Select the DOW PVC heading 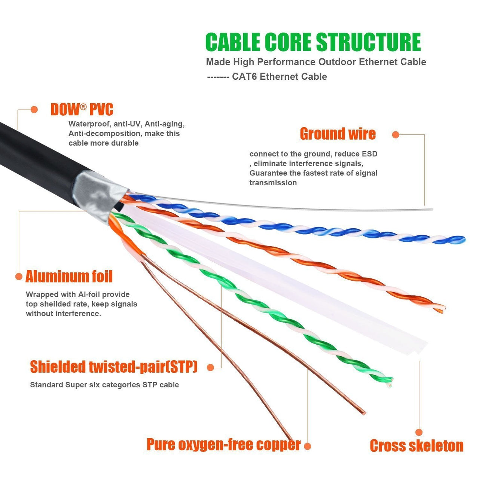pos(82,110)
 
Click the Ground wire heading pos(338,134)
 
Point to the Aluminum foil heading pos(69,277)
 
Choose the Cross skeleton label pos(417,446)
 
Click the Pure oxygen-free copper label pos(223,445)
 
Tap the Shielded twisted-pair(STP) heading pos(114,367)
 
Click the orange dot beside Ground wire pos(396,135)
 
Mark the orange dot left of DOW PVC pos(34,110)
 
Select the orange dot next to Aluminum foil pos(19,277)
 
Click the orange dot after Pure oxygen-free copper pos(308,446)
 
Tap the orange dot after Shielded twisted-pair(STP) pos(211,367)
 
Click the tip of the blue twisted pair pos(463,239)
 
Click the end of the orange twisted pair pos(442,309)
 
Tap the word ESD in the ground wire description pos(369,154)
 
